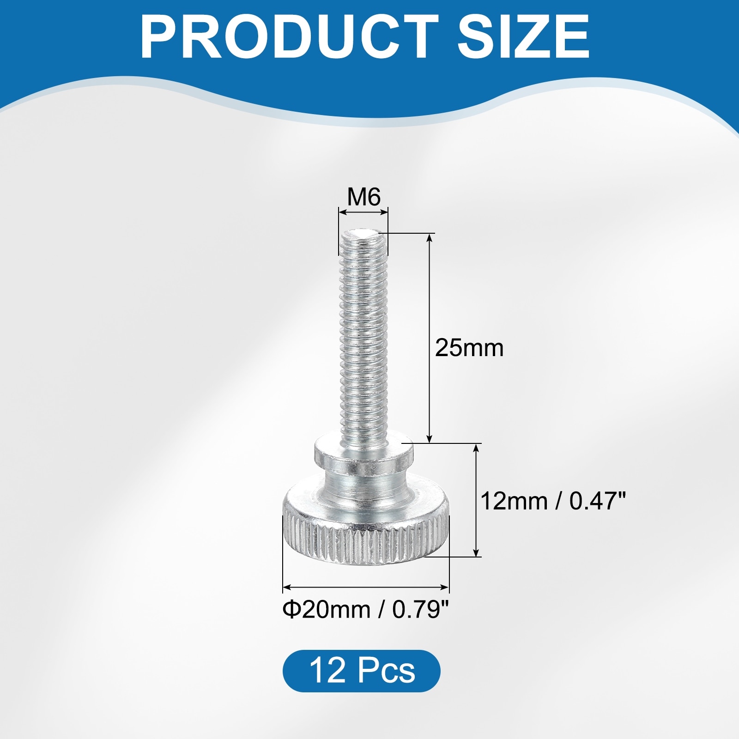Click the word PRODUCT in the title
pyautogui.click(x=290, y=36)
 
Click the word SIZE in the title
pyautogui.click(x=523, y=36)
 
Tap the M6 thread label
pyautogui.click(x=363, y=197)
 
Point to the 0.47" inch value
pyautogui.click(x=597, y=501)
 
